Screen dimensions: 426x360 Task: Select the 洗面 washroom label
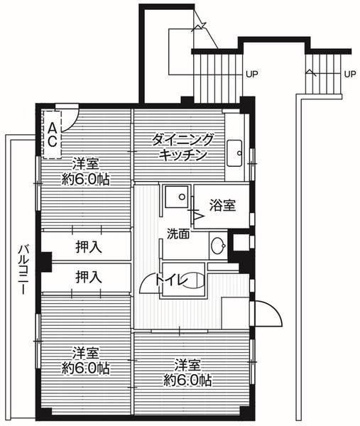pos(178,234)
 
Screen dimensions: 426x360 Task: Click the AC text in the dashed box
pos(53,133)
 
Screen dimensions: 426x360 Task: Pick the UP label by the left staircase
pos(251,73)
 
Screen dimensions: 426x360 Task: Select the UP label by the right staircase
pos(349,73)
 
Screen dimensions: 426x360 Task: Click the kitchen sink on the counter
pos(235,151)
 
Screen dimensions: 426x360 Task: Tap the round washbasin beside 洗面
pos(217,246)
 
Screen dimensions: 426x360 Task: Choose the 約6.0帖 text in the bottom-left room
pos(85,368)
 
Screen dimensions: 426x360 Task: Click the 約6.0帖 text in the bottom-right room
pos(187,381)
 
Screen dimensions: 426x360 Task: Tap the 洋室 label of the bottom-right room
pos(187,365)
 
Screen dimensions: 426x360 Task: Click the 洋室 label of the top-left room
pos(85,163)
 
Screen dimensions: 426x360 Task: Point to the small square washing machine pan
pos(175,196)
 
